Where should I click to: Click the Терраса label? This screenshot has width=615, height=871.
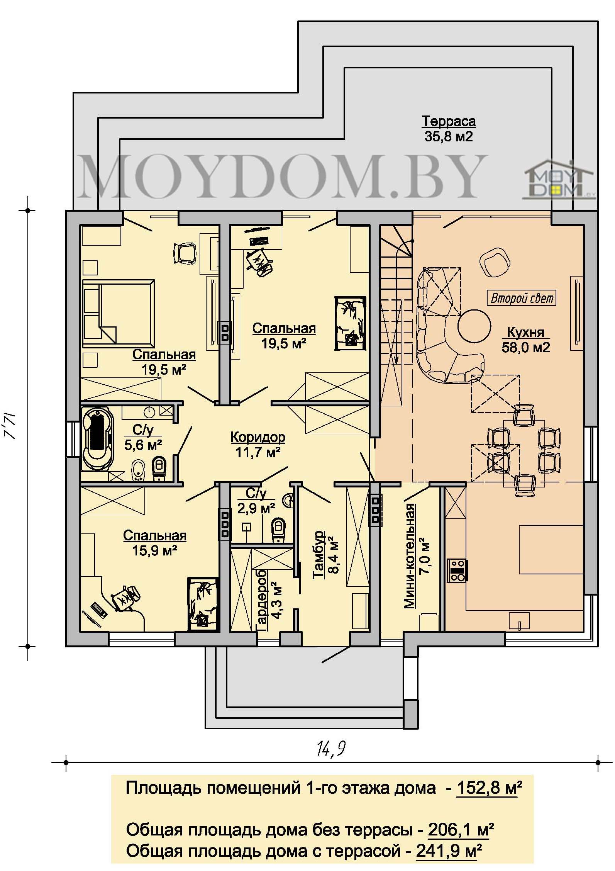(448, 122)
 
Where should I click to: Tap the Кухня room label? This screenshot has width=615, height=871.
(525, 332)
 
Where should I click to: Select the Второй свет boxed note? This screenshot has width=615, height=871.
(522, 298)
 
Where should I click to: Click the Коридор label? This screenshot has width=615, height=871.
(258, 437)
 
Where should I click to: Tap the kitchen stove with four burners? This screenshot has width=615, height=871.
(457, 570)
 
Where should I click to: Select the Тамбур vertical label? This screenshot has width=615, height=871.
(319, 555)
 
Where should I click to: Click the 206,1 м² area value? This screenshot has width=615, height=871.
(461, 830)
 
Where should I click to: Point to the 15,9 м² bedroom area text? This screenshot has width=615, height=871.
(155, 550)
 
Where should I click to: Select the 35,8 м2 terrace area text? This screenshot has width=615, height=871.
(449, 137)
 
